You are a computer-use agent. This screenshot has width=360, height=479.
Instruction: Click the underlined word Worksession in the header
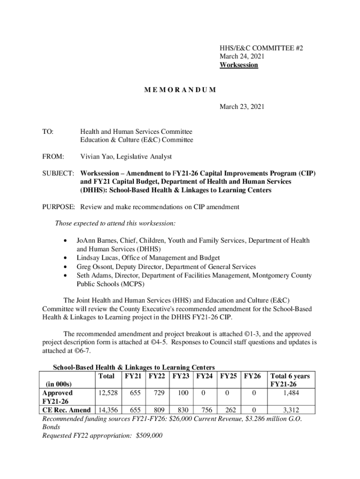click(238, 65)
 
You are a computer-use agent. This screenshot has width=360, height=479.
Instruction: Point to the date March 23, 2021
click(242, 107)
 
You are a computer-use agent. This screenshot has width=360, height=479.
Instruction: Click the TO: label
click(48, 132)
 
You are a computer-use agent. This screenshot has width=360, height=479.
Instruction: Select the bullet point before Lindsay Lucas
click(65, 258)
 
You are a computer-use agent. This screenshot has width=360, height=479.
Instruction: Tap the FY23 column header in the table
click(183, 376)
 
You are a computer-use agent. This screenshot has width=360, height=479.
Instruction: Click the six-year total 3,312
click(291, 410)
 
